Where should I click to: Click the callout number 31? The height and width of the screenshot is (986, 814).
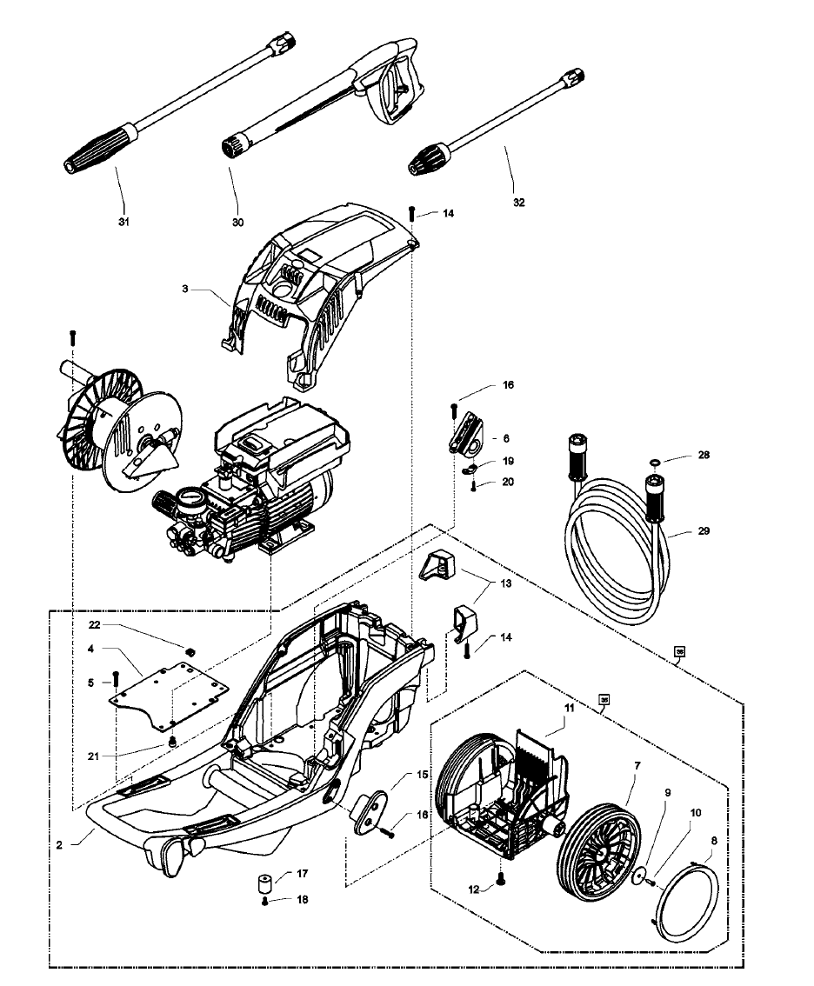(x=123, y=222)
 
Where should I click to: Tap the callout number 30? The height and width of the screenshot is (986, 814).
(x=237, y=222)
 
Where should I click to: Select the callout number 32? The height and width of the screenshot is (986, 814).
(x=519, y=202)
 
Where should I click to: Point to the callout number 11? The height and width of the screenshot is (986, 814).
(x=568, y=710)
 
